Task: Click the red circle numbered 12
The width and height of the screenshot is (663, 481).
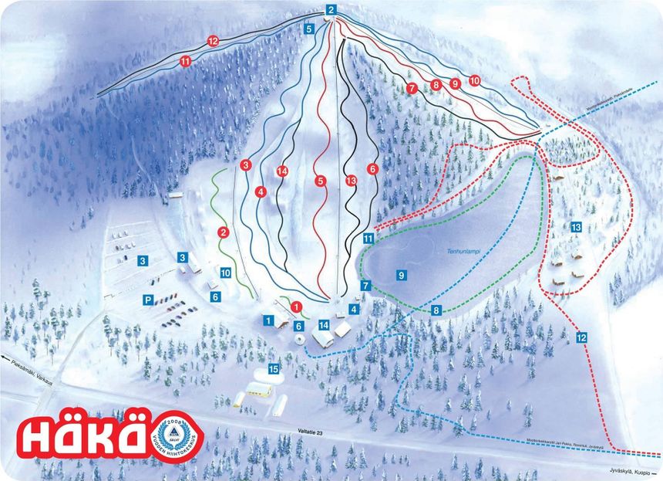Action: point(213,40)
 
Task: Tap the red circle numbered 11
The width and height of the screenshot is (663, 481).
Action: point(185,61)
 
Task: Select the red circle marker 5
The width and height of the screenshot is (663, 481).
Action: point(320,181)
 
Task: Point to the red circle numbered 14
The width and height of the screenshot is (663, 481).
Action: point(282,171)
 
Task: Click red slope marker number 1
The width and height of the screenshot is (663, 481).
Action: point(295,307)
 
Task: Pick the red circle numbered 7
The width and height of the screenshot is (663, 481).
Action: point(412,89)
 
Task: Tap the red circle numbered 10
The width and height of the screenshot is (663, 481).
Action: point(474,80)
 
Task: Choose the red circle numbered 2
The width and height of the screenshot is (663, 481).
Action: point(224,232)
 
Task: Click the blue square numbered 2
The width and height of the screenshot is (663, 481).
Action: point(330,10)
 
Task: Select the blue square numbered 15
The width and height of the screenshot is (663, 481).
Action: point(273,370)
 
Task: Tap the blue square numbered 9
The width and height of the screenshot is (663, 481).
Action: point(401,274)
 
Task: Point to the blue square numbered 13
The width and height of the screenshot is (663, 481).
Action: point(576,227)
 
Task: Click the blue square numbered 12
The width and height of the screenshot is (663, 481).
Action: point(581,337)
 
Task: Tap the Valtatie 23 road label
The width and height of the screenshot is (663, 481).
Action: point(307,435)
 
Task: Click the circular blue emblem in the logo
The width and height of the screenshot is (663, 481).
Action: point(173,437)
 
